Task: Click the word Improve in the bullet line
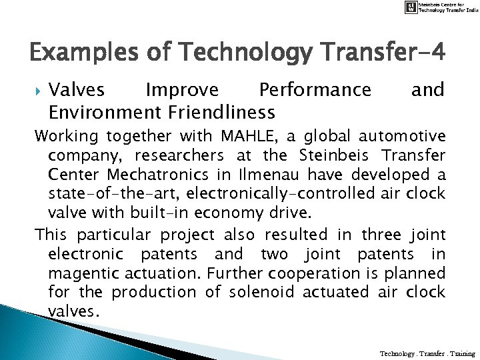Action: pyautogui.click(x=181, y=89)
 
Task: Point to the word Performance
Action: pyautogui.click(x=315, y=89)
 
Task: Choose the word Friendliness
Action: pyautogui.click(x=221, y=110)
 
